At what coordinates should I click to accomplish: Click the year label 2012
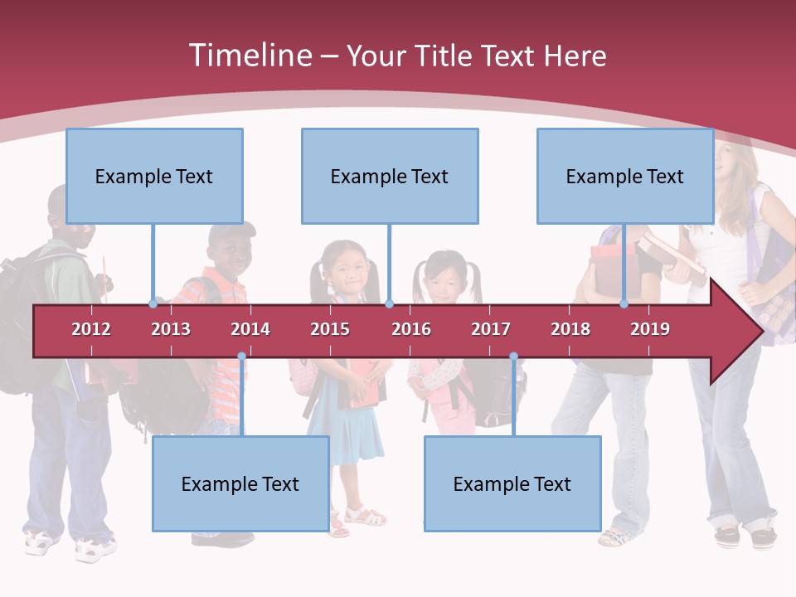[91, 329]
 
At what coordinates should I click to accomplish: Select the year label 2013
[171, 329]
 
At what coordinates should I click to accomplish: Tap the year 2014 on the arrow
[250, 329]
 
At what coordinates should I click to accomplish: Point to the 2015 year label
[330, 329]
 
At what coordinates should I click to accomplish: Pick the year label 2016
[411, 329]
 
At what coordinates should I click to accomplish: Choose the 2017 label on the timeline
[491, 329]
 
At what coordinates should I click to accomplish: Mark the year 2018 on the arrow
[570, 329]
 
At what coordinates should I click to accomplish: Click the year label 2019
[650, 329]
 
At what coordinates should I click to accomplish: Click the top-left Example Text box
[154, 176]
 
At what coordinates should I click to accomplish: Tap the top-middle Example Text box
[390, 176]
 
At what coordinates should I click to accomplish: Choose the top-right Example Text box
[625, 176]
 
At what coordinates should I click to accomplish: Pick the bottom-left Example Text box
[240, 483]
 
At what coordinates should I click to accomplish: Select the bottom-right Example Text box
[512, 483]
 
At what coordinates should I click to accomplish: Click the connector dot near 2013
[153, 303]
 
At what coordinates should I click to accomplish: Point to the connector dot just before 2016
[389, 303]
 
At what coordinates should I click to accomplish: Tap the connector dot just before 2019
[624, 303]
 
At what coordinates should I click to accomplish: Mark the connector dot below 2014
[241, 357]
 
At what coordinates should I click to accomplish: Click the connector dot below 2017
[513, 357]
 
